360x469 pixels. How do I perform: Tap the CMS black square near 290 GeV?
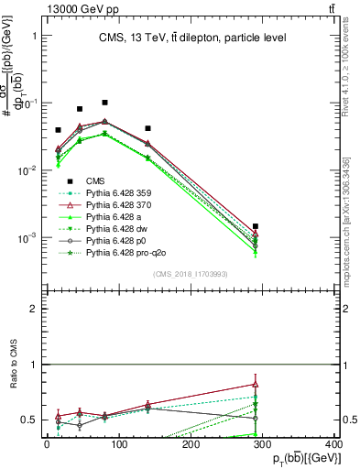pyautogui.click(x=256, y=226)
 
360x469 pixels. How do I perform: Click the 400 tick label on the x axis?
pyautogui.click(x=333, y=443)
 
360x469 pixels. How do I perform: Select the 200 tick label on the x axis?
pyautogui.click(x=191, y=443)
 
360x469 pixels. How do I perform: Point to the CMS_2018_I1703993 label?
pyautogui.click(x=191, y=273)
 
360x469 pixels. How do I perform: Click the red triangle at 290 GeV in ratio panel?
pyautogui.click(x=256, y=385)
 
